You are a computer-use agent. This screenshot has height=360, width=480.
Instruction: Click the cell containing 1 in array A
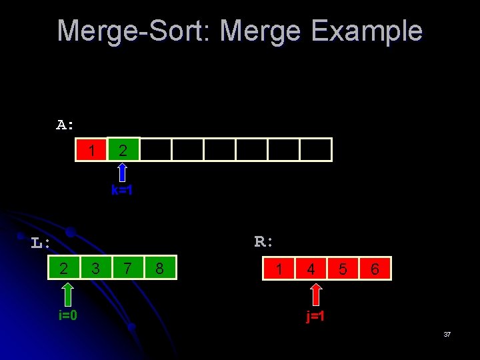coord(91,150)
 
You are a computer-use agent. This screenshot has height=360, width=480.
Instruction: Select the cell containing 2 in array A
coord(123,150)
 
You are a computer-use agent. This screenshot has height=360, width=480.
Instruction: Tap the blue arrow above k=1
coord(123,172)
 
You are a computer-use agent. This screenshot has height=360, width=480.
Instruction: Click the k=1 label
coord(123,191)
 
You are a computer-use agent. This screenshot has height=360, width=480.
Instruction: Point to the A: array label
coord(65,125)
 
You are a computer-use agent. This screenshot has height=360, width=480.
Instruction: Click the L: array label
coord(41,243)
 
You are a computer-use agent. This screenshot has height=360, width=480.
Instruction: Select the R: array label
coord(264,241)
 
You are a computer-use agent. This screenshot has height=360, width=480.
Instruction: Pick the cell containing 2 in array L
coord(64,269)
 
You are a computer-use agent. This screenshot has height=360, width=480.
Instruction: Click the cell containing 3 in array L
coord(95,269)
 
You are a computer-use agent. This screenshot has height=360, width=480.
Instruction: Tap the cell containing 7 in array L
coord(127,269)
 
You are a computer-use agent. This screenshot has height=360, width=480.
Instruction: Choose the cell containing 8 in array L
coord(159,269)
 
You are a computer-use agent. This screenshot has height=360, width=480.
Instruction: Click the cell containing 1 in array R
coord(279,269)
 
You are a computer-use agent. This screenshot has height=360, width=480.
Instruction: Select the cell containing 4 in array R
coord(311,269)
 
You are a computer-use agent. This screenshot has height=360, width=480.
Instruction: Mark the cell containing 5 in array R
coord(343,269)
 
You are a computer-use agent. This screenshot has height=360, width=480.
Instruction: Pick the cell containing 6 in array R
coord(375,269)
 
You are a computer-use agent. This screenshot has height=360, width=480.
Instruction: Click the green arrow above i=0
coord(67,294)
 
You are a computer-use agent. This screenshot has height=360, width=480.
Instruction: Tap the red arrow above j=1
coord(317,294)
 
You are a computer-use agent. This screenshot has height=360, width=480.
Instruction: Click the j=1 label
coord(316,316)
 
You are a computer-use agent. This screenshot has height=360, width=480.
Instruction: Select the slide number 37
coord(447,334)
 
